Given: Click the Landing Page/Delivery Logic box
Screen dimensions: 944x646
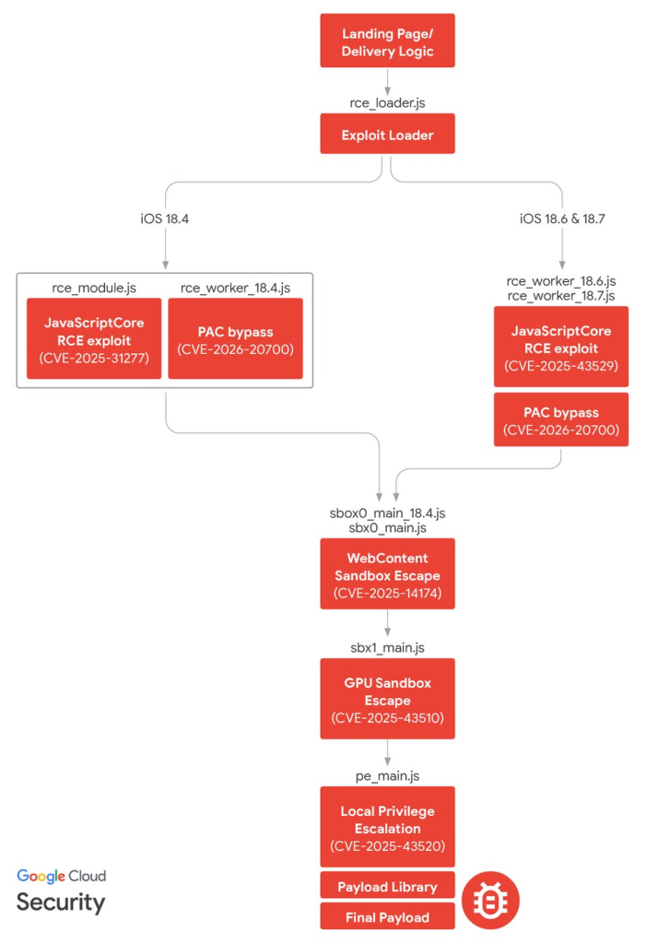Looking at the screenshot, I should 387,41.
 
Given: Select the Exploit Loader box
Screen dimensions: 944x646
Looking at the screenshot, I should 387,134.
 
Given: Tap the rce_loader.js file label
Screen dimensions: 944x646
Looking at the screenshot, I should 387,100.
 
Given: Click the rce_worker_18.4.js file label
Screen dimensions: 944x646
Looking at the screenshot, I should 235,289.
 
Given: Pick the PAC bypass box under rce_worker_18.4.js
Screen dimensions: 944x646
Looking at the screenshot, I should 235,339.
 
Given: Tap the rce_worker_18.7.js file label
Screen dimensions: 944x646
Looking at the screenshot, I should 561,295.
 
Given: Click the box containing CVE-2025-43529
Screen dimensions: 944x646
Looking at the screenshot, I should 561,348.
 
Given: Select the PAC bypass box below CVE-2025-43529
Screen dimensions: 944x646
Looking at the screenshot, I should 561,419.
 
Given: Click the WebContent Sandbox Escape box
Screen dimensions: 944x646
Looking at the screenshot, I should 387,573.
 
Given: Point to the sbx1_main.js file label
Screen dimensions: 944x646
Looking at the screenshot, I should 387,646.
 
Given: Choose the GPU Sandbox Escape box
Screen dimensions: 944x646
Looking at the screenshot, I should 387,698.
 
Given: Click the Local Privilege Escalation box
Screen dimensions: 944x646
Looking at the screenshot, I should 387,826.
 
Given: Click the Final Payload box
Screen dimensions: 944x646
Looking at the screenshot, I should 387,916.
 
